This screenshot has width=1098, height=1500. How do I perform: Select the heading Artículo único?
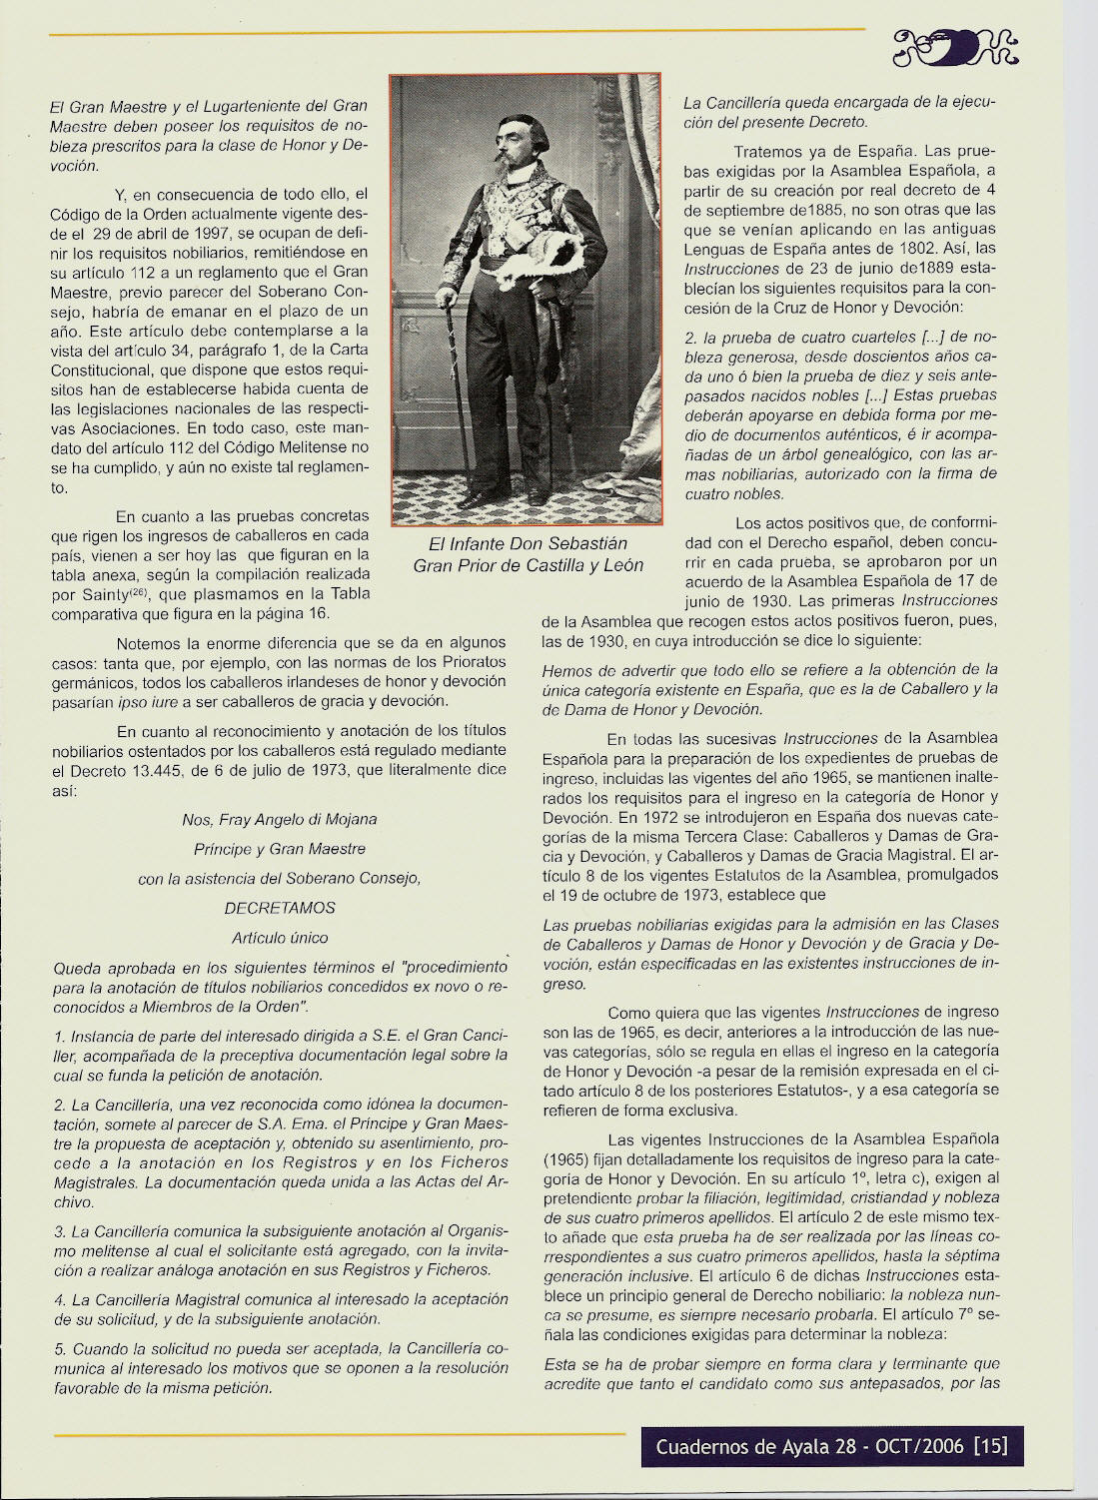pyautogui.click(x=280, y=938)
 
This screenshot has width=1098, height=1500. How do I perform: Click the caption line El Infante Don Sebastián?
pyautogui.click(x=528, y=544)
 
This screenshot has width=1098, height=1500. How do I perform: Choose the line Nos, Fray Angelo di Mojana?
pyautogui.click(x=280, y=820)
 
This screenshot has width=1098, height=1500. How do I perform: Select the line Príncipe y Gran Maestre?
pyautogui.click(x=280, y=849)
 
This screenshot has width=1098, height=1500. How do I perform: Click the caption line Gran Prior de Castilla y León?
pyautogui.click(x=528, y=566)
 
